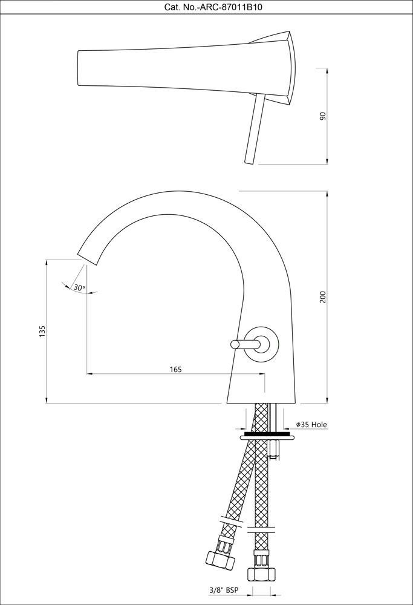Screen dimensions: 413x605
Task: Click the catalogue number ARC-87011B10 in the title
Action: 230,7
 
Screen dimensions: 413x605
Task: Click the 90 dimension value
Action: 323,116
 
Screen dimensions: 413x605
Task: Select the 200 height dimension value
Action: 323,296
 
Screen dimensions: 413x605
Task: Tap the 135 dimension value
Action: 42,332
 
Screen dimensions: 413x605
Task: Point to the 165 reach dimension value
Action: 175,369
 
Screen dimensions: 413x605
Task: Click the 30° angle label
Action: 79,287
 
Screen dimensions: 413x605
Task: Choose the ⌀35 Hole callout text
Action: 311,425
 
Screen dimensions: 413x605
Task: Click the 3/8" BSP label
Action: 224,590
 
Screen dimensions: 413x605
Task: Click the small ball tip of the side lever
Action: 234,344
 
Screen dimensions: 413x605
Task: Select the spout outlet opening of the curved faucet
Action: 88,258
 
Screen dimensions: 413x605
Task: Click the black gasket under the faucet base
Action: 266,434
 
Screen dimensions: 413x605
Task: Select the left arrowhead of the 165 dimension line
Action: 89,373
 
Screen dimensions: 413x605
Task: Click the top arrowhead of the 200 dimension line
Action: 327,194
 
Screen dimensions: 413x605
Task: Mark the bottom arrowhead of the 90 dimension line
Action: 327,160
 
